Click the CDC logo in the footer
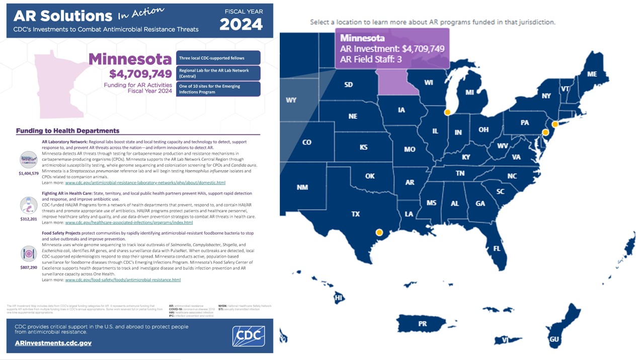(x=249, y=336)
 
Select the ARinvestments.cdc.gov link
(x=53, y=343)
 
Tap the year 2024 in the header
(x=242, y=24)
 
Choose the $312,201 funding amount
(x=29, y=219)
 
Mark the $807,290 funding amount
(x=29, y=267)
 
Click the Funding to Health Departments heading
(x=67, y=131)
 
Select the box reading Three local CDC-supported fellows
(x=218, y=58)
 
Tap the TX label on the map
(x=355, y=214)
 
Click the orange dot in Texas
(x=379, y=233)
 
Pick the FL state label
(x=497, y=248)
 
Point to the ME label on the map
(x=592, y=74)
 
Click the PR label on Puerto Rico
(x=422, y=324)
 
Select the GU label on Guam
(x=554, y=339)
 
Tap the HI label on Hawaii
(x=339, y=298)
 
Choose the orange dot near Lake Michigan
(x=447, y=112)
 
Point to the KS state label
(x=363, y=148)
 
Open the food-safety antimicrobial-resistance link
(x=123, y=279)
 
